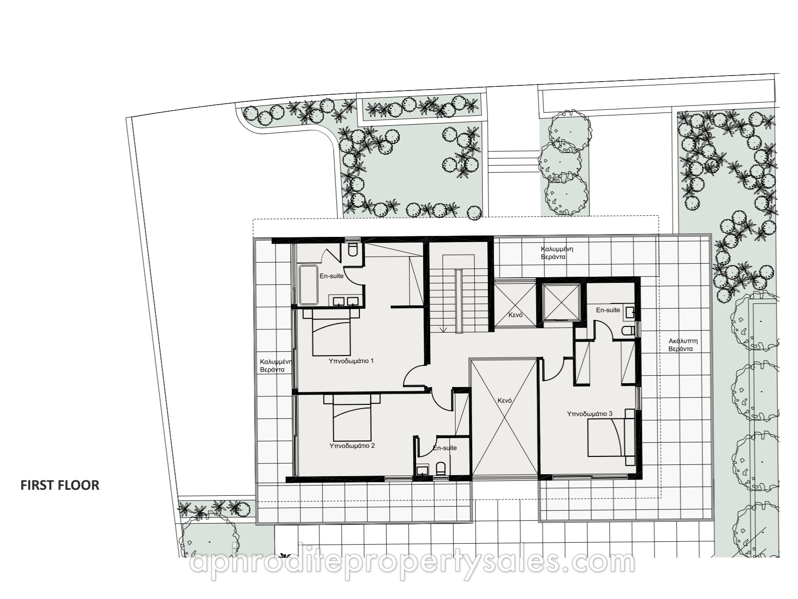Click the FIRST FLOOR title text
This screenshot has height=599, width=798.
point(60,485)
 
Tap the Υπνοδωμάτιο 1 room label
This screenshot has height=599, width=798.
point(351,361)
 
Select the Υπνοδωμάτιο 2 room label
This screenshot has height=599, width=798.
point(352,446)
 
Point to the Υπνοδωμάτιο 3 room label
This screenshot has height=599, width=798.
point(589,414)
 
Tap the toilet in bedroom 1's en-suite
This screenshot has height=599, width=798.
point(353,249)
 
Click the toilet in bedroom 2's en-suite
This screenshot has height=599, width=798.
point(440,469)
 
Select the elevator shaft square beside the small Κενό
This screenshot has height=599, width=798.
point(561,302)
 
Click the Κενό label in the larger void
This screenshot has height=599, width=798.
point(504,401)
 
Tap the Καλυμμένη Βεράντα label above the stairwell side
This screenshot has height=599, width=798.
point(557,253)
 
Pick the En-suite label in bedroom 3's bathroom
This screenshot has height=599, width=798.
point(608,310)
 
